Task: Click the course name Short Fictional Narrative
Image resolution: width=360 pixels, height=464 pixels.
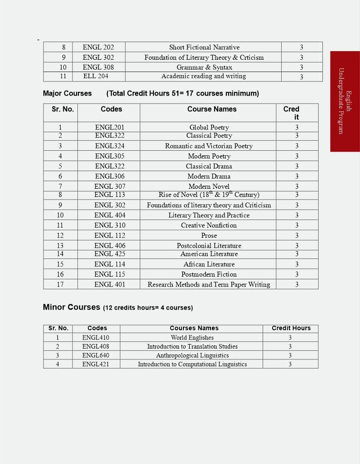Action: [204, 48]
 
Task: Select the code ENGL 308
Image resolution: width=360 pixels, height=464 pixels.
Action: [98, 67]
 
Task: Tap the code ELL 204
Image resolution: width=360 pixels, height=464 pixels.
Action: [96, 76]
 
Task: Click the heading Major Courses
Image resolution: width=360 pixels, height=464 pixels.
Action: [67, 94]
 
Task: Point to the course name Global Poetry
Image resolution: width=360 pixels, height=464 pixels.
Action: [209, 128]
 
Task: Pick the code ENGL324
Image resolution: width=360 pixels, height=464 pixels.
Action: [110, 146]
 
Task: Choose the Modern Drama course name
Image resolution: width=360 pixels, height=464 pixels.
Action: [209, 177]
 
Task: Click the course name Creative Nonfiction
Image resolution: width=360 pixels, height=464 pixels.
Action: [209, 225]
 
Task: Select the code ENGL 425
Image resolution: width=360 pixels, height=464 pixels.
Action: [110, 254]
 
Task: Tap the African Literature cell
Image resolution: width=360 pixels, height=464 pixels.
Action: [209, 264]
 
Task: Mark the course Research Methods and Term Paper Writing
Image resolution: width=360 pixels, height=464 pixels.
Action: [209, 285]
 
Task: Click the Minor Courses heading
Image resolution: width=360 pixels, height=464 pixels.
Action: [71, 307]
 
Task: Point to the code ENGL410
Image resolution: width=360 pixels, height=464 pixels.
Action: [96, 338]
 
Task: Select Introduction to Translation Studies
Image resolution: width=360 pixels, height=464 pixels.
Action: [192, 347]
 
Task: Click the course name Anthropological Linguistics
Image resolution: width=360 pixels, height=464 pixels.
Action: [192, 356]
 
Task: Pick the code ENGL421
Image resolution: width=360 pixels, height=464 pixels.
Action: [96, 364]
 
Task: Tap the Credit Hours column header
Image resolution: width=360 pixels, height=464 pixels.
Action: [291, 328]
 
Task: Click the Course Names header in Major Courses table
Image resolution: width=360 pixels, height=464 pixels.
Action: [211, 109]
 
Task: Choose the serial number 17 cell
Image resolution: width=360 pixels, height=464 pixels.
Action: [60, 285]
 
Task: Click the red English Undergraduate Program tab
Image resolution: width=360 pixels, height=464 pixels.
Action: [345, 101]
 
